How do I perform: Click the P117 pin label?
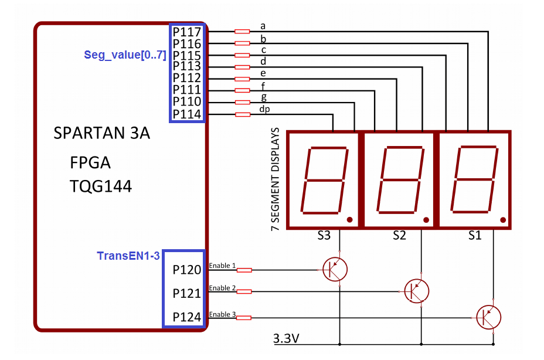pyautogui.click(x=187, y=32)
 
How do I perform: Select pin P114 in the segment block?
pyautogui.click(x=187, y=114)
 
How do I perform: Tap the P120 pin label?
pyautogui.click(x=187, y=270)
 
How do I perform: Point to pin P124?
pyautogui.click(x=187, y=318)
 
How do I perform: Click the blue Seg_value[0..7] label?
pyautogui.click(x=125, y=55)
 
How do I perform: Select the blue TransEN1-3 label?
pyautogui.click(x=128, y=256)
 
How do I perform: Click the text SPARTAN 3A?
pyautogui.click(x=101, y=134)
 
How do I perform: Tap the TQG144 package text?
pyautogui.click(x=100, y=186)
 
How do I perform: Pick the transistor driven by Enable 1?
pyautogui.click(x=335, y=269)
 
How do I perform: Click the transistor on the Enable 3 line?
pyautogui.click(x=488, y=317)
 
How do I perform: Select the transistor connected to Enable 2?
pyautogui.click(x=417, y=290)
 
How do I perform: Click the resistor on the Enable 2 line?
pyautogui.click(x=243, y=291)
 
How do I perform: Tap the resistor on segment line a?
pyautogui.click(x=242, y=31)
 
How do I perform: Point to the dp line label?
pyautogui.click(x=264, y=109)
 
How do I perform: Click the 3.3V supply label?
pyautogui.click(x=286, y=338)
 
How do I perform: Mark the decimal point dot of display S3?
pyautogui.click(x=349, y=220)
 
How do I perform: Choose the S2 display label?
pyautogui.click(x=399, y=236)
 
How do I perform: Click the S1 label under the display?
pyautogui.click(x=474, y=236)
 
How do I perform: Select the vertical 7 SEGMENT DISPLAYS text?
pyautogui.click(x=276, y=181)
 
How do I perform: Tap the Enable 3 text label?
pyautogui.click(x=222, y=314)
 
